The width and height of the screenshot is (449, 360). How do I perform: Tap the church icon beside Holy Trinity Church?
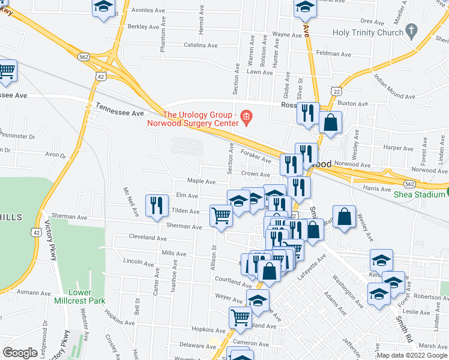click(x=411, y=29)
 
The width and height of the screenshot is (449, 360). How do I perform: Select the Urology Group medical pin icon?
click(x=245, y=116)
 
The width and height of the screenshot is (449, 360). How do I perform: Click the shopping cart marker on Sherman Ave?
click(x=221, y=216)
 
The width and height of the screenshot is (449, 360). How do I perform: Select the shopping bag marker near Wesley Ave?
click(x=345, y=217)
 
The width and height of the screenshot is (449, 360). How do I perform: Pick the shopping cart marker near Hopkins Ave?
click(x=241, y=318)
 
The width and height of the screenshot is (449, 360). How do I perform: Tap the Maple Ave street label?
click(x=201, y=181)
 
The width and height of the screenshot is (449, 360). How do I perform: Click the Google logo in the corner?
click(x=20, y=353)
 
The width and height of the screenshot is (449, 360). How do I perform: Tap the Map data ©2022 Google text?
click(x=412, y=355)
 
